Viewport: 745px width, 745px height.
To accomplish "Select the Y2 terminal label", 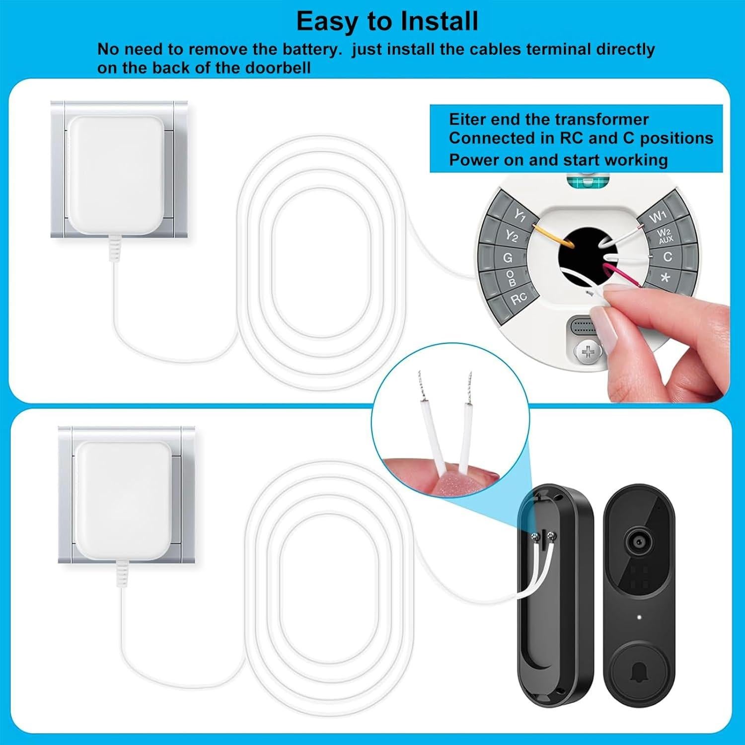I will [x=512, y=235].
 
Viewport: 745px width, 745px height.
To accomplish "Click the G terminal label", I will [x=508, y=258].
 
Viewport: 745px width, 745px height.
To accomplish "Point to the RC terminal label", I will [x=519, y=298].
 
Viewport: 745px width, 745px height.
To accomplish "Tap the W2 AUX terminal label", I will [x=665, y=236].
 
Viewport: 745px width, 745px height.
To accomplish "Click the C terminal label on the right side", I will [x=668, y=257].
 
